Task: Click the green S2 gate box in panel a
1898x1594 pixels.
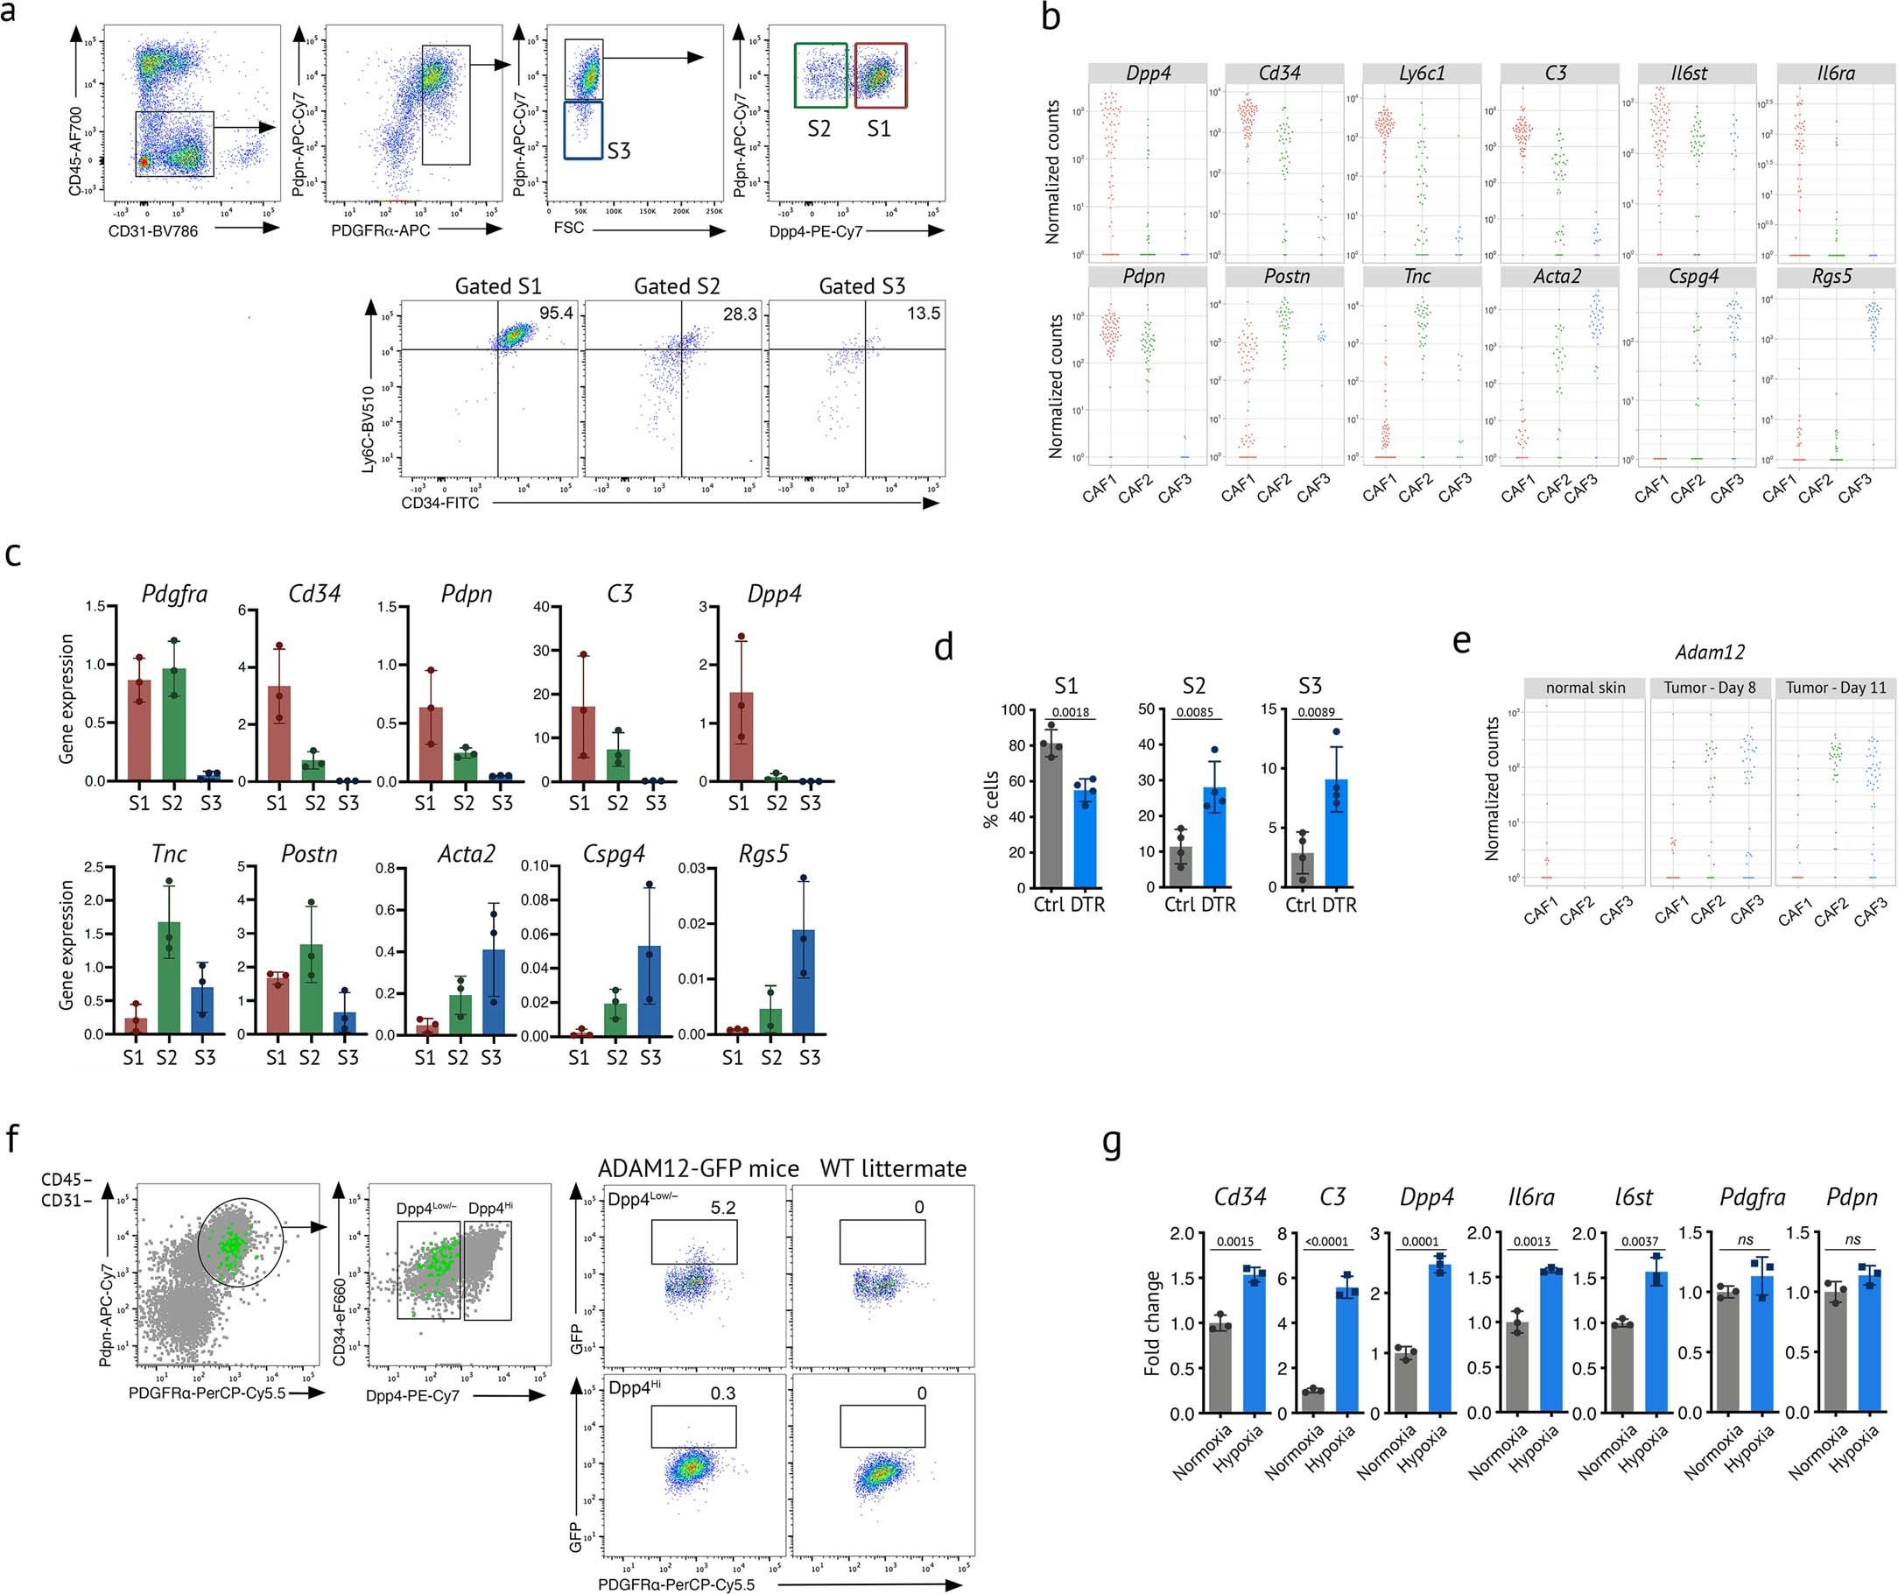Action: tap(820, 76)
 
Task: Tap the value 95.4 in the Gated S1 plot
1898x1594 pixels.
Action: tap(556, 313)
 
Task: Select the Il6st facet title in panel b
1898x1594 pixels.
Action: tap(1697, 74)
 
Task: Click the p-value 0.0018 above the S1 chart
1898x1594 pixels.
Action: tap(1070, 711)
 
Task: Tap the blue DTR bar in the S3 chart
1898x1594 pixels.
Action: tap(1336, 832)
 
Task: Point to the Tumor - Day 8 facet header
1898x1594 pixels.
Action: tap(1709, 688)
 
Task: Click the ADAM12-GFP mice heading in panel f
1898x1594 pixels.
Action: tap(698, 1168)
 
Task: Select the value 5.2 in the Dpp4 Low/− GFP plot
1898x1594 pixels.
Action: tap(723, 1207)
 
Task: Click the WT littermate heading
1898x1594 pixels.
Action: tap(893, 1168)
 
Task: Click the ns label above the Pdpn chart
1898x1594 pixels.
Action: tap(1852, 1240)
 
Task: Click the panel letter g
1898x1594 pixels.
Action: tap(1112, 1144)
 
